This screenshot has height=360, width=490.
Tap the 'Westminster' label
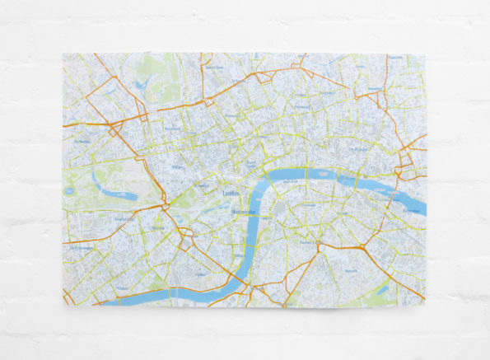[x=245, y=211]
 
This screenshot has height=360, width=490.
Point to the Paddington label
[x=82, y=141]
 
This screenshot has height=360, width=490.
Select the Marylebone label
[x=172, y=129]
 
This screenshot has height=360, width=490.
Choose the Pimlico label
[x=200, y=274]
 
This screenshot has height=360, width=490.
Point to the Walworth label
[x=351, y=269]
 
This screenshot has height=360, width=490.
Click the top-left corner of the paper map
[x=63, y=54]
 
